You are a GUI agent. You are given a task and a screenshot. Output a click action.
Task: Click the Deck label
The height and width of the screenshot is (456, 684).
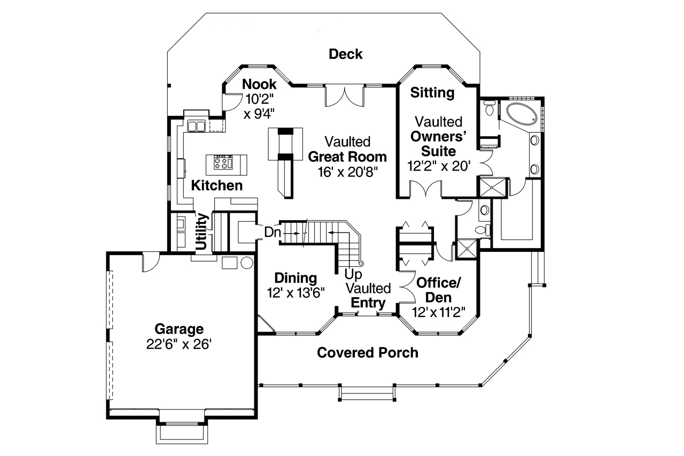345,54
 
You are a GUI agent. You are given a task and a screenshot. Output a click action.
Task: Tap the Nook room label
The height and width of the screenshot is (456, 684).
259,84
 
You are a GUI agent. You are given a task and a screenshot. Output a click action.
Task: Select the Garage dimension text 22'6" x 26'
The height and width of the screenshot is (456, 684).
179,344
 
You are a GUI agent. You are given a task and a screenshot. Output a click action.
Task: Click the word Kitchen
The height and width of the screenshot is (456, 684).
216,186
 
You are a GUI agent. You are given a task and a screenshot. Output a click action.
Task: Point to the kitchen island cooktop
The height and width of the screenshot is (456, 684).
223,163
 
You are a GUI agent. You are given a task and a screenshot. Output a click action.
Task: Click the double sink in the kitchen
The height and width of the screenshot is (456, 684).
196,126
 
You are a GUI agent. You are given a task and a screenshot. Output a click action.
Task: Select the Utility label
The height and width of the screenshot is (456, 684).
202,231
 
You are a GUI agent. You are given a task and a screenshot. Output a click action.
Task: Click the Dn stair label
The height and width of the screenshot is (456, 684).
272,233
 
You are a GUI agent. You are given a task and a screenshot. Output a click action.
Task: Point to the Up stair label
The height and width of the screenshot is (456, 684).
353,274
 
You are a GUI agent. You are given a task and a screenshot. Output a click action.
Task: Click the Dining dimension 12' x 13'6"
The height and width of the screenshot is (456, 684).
296,292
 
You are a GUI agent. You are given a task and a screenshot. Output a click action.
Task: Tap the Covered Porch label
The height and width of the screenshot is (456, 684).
367,353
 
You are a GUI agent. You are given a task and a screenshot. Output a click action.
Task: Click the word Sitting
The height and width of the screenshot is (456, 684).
432,92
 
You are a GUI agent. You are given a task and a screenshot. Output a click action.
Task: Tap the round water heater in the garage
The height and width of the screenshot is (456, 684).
247,263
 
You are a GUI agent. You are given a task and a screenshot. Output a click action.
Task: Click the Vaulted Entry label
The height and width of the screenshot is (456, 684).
368,296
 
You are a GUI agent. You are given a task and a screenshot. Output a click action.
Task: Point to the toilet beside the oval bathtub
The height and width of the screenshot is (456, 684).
488,109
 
